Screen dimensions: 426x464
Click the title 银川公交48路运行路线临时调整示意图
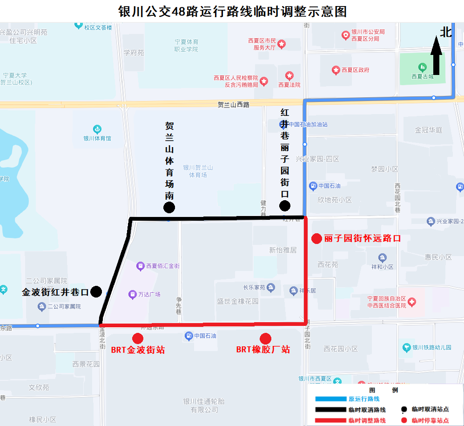pos(232,11)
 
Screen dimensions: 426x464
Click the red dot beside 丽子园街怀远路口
pos(316,239)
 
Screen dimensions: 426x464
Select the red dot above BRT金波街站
pos(138,338)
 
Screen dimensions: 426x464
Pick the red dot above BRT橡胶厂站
pos(265,338)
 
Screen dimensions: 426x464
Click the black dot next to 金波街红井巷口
pos(96,292)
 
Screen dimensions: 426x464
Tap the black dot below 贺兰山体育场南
pos(169,208)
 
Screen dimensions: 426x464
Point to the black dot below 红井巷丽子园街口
pos(285,206)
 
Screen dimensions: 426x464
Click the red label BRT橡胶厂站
pos(263,349)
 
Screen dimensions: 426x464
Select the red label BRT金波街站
pos(138,350)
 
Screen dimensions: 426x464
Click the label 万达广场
pos(149,294)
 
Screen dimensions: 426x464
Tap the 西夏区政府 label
pos(355,70)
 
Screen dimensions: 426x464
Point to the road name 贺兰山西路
pos(234,105)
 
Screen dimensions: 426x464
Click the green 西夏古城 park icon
pos(423,67)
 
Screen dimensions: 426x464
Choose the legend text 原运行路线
pos(364,399)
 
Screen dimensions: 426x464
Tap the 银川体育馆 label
pos(97,138)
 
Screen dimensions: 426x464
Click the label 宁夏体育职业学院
pos(186,45)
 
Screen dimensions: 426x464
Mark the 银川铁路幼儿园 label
pos(432,347)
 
